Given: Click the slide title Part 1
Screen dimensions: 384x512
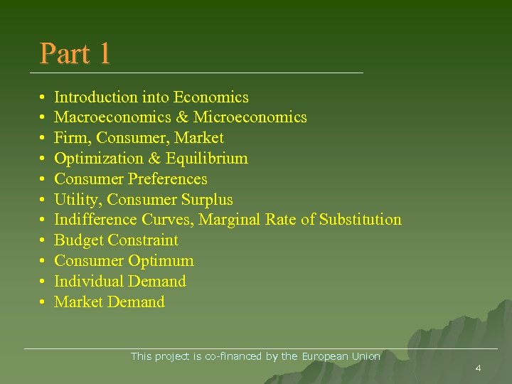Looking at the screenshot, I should coord(75,53).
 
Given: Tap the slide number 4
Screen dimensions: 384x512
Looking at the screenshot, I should coord(478,368).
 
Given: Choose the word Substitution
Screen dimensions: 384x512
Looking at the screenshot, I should coord(361,220).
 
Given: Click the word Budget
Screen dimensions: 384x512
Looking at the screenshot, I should coord(79,240).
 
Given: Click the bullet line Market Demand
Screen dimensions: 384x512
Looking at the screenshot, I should coord(110,302).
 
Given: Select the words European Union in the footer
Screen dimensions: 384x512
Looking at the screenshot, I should coord(341,356).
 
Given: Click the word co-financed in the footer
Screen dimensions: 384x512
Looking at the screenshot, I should coord(234,356).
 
